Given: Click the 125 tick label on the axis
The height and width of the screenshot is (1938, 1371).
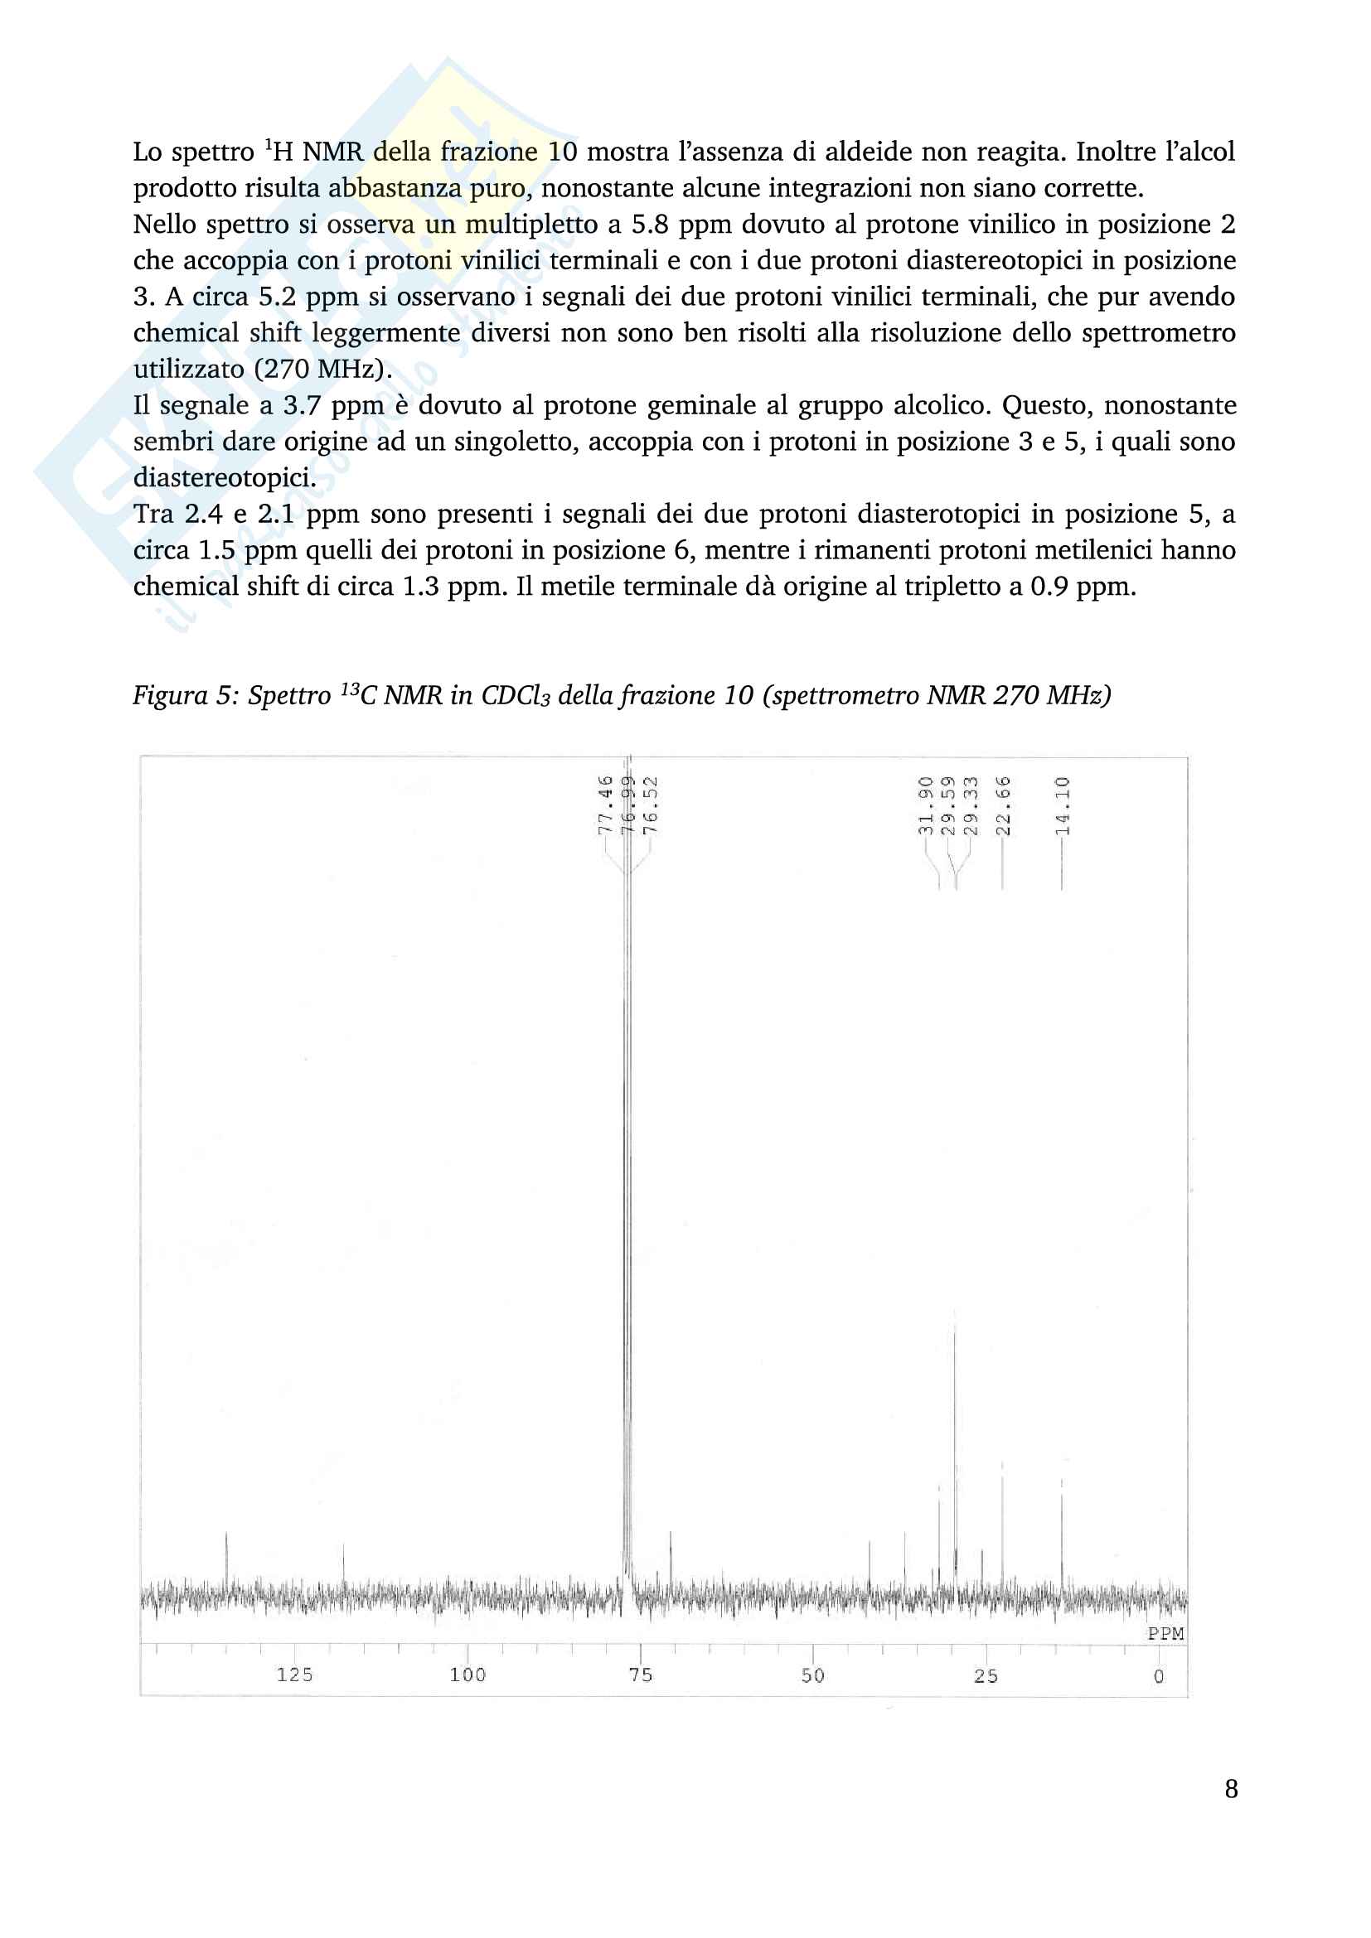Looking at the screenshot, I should click(x=294, y=1675).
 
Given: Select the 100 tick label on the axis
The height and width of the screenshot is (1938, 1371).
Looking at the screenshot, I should click(x=467, y=1675).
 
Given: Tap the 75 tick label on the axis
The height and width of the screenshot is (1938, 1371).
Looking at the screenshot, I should click(x=641, y=1675).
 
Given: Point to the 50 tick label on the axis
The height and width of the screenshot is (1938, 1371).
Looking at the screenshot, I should click(x=813, y=1675).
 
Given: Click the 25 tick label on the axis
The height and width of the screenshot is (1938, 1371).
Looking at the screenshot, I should click(x=986, y=1675).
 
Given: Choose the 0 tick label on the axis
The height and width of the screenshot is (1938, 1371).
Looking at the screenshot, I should click(x=1159, y=1675).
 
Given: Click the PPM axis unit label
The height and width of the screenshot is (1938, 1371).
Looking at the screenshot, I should click(x=1166, y=1633).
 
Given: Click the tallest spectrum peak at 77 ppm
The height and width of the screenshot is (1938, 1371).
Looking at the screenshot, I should click(x=627, y=1097).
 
